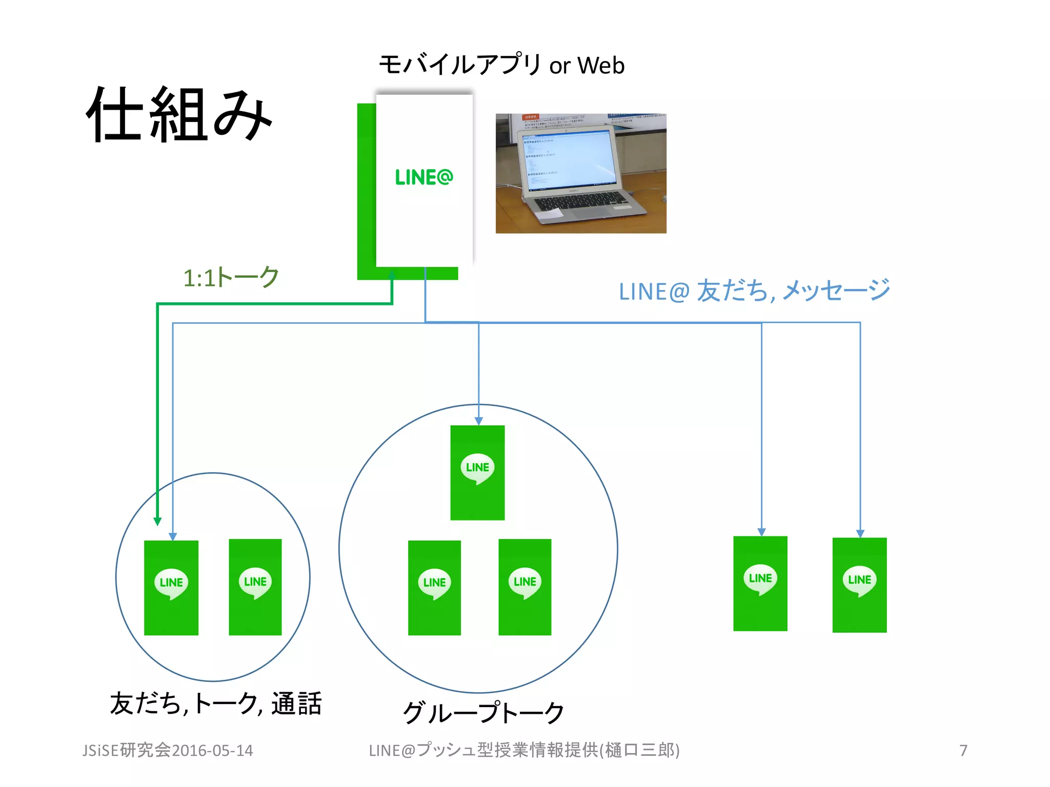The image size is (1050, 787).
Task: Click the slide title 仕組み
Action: [x=178, y=115]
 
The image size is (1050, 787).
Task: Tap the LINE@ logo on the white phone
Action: [x=424, y=177]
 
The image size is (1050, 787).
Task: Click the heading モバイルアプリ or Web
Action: [x=501, y=65]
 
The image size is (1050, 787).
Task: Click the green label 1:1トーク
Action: [x=231, y=278]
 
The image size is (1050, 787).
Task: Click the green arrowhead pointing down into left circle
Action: [x=157, y=521]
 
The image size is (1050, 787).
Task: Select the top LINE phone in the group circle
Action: [x=477, y=472]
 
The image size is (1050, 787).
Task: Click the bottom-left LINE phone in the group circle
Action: [x=434, y=588]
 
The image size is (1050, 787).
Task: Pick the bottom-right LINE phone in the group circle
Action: [x=524, y=587]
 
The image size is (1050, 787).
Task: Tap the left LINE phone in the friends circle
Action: [x=171, y=588]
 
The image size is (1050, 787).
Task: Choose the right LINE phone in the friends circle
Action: [x=255, y=587]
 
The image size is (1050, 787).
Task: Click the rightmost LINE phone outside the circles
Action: [x=859, y=585]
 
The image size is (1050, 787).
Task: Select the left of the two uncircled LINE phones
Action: [x=760, y=583]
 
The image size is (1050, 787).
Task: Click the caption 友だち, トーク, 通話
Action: [x=215, y=703]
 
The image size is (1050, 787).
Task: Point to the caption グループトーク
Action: [x=483, y=713]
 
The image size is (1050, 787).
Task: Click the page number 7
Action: [x=963, y=751]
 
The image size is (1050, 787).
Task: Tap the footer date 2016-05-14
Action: [x=212, y=751]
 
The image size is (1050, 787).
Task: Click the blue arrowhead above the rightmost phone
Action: [x=860, y=533]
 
